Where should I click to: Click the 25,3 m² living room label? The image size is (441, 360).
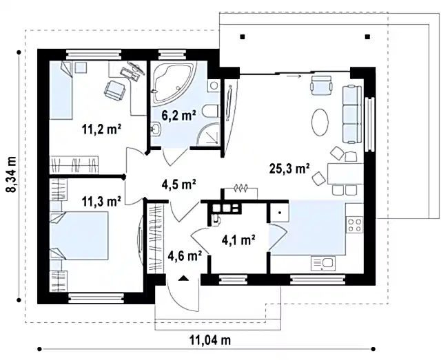(x=289, y=169)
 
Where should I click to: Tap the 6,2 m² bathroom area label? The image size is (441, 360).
(x=178, y=115)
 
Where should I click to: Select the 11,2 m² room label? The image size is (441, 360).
(x=101, y=129)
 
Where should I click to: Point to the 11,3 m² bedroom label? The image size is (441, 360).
(x=101, y=201)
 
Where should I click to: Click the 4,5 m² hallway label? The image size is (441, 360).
(x=179, y=184)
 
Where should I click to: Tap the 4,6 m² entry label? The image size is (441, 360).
(x=185, y=255)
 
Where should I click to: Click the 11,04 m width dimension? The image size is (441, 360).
(x=210, y=340)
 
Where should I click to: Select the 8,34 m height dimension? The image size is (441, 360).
(x=12, y=175)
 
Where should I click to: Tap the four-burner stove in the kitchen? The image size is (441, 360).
(x=355, y=225)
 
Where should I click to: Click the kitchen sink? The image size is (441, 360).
(x=323, y=264)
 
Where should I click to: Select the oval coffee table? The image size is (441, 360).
(x=320, y=123)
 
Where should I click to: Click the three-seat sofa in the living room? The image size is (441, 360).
(x=352, y=114)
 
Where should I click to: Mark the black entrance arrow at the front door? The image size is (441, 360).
(x=183, y=278)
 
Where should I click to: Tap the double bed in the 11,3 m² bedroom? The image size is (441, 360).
(x=79, y=236)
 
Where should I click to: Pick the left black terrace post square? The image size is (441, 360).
(x=243, y=36)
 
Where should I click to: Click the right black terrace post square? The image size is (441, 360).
(x=367, y=36)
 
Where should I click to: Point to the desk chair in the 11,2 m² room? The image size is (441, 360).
(x=115, y=90)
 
